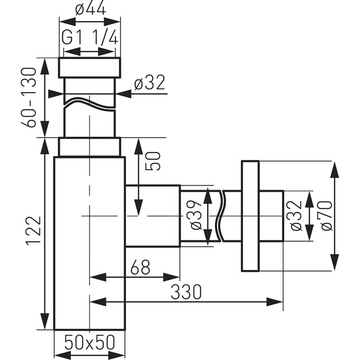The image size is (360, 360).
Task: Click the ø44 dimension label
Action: (89, 9)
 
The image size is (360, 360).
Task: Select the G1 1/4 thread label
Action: (89, 38)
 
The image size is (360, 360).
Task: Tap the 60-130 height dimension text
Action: (30, 97)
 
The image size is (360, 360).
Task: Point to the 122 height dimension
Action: (33, 230)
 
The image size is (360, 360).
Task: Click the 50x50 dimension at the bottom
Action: (89, 343)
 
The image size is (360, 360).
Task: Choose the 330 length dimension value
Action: (186, 292)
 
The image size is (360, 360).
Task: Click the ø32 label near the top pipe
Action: (149, 83)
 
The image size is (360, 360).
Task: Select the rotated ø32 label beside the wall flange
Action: (296, 215)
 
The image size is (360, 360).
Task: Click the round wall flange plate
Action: (250, 215)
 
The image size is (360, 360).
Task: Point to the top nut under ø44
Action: (89, 68)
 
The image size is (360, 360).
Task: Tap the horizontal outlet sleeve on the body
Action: (152, 215)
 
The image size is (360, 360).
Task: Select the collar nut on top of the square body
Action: (89, 147)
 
